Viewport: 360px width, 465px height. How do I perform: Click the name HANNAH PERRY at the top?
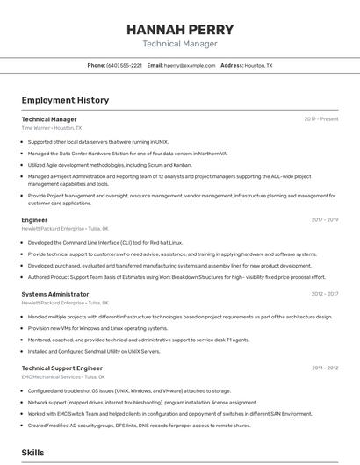(179, 29)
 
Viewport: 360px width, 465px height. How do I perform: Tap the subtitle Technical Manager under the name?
(179, 44)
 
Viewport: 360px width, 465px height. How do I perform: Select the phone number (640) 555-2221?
(124, 65)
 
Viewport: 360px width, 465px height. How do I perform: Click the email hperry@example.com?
(190, 65)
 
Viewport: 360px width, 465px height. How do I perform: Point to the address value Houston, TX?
(258, 65)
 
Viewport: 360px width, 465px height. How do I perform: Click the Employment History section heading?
(65, 100)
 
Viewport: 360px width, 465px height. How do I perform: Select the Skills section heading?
(32, 453)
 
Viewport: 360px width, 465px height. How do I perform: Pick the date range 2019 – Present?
(321, 119)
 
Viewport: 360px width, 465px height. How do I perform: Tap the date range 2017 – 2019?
(324, 220)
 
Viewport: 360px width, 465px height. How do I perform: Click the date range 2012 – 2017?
(324, 294)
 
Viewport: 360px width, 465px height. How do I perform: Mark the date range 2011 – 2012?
(324, 368)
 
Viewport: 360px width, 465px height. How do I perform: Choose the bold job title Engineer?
(34, 220)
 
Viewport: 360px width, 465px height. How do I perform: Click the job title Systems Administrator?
(54, 294)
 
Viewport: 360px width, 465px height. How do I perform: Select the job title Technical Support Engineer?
(61, 368)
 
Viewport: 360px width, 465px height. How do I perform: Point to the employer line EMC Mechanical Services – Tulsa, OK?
(66, 377)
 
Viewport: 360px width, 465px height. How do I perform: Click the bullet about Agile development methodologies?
(110, 164)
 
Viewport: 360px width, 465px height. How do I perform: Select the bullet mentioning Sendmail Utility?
(94, 351)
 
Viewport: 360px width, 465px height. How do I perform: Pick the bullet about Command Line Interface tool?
(105, 242)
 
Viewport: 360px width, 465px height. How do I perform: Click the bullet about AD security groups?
(139, 426)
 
